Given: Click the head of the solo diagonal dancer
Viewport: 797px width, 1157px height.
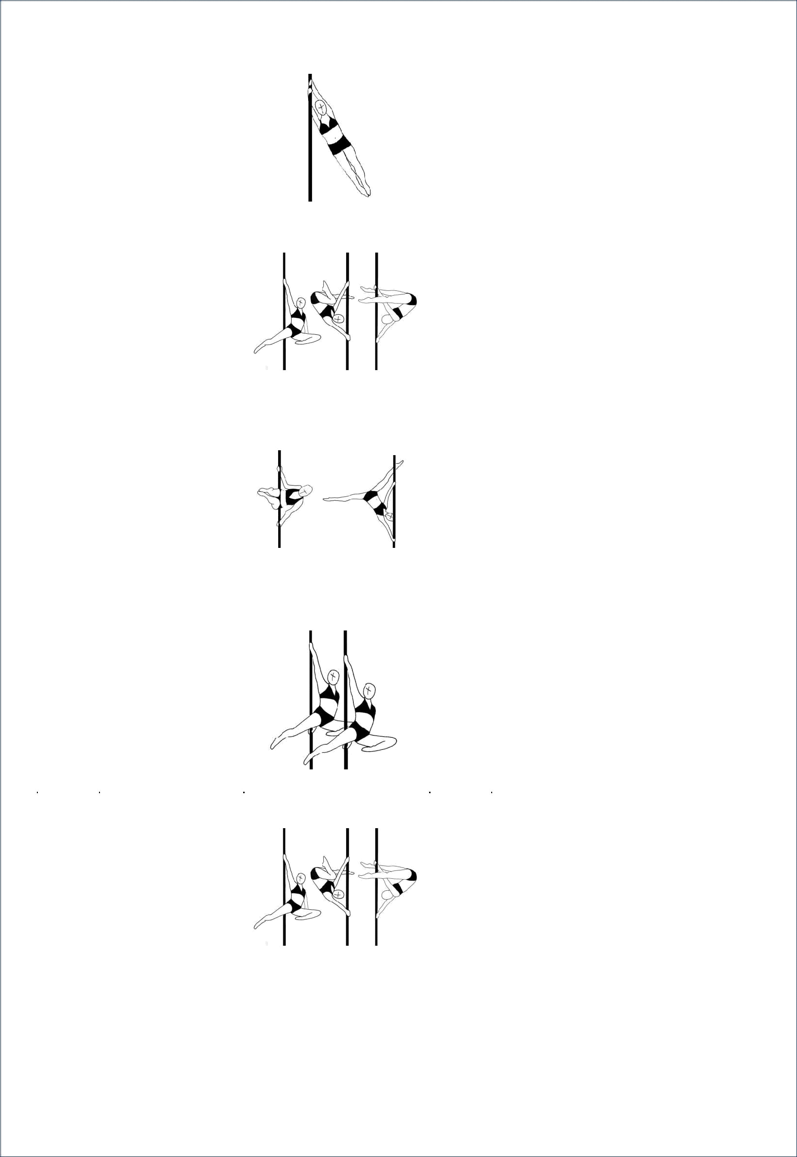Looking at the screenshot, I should [x=319, y=106].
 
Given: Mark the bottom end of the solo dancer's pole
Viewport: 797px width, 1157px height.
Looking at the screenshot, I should [x=310, y=200].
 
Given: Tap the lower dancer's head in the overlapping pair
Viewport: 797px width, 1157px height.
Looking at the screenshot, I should [x=368, y=690].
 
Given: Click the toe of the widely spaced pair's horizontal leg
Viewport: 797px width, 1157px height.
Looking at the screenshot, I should [x=325, y=499].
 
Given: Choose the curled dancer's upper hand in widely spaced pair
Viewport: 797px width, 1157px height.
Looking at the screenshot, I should [x=279, y=469].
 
